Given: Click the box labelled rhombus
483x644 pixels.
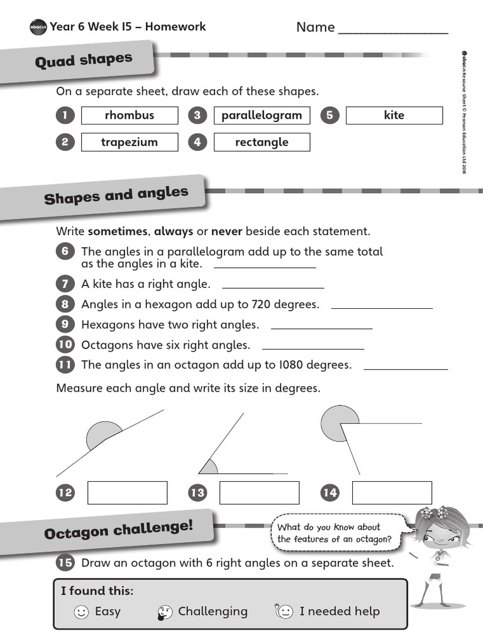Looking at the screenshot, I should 130,116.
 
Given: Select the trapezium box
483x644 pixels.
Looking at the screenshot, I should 130,142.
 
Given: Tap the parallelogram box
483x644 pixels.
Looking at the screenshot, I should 262,116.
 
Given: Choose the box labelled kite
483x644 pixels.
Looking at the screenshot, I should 394,116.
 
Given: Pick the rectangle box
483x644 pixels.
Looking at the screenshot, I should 262,142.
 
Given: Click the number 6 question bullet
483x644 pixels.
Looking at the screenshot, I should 65,252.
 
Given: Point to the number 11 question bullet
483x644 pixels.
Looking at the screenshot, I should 65,365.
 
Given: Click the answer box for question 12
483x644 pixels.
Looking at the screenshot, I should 127,492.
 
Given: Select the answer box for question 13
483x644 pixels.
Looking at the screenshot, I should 259,492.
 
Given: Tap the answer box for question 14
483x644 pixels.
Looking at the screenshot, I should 392,492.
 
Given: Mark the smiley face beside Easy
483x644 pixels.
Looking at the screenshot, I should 81,611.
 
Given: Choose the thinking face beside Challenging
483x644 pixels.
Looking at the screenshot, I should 165,611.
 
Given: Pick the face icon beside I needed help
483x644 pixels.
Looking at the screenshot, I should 284,611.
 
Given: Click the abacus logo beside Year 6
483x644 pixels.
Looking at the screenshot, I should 38,27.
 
